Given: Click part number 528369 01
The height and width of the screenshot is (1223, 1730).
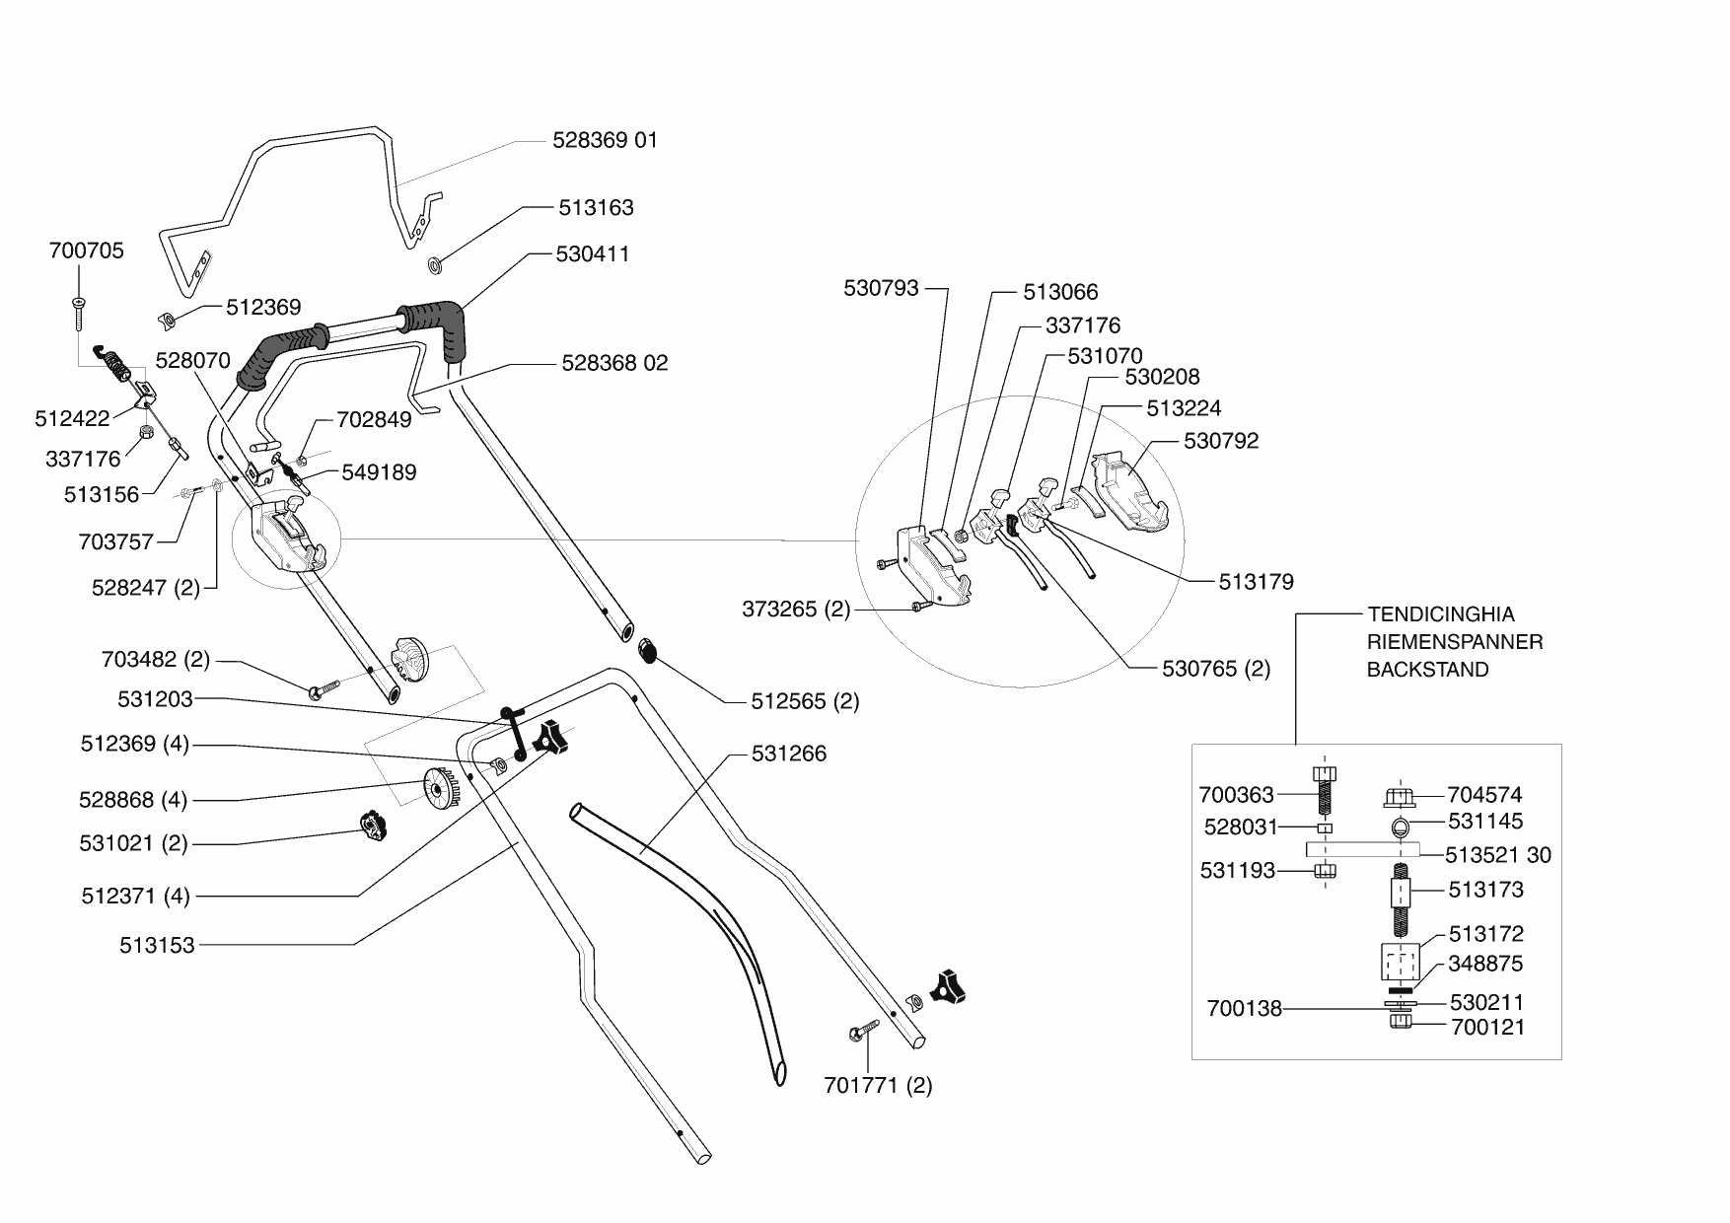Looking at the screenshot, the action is (605, 140).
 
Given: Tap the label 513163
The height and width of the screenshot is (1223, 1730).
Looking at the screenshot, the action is (596, 208).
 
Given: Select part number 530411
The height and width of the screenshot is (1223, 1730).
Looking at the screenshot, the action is (593, 254).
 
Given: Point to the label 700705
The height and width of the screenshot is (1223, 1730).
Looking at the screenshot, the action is (87, 252).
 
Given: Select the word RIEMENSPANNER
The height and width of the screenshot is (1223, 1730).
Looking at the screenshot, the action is (1455, 642).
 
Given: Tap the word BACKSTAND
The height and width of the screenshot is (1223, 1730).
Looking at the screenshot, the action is (1427, 670).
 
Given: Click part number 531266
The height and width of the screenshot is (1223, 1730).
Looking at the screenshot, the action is (789, 754).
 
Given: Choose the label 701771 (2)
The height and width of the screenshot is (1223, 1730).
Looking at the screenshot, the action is (878, 1086).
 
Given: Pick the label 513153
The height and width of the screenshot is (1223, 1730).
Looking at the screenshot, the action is (158, 946).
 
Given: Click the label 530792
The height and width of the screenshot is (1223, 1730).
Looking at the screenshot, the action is (1221, 441).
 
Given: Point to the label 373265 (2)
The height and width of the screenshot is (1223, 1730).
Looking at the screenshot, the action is (796, 610).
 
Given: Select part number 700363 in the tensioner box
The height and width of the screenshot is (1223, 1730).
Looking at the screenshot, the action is (1237, 795).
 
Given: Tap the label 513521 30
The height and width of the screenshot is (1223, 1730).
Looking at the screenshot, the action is (1498, 855).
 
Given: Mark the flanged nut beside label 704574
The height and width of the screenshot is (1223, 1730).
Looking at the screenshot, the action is (1400, 795).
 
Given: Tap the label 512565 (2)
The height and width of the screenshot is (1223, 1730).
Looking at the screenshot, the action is (805, 701).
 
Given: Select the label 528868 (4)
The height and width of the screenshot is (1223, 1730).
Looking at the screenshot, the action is (133, 800).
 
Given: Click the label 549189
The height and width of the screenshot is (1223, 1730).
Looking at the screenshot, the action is (380, 472).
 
